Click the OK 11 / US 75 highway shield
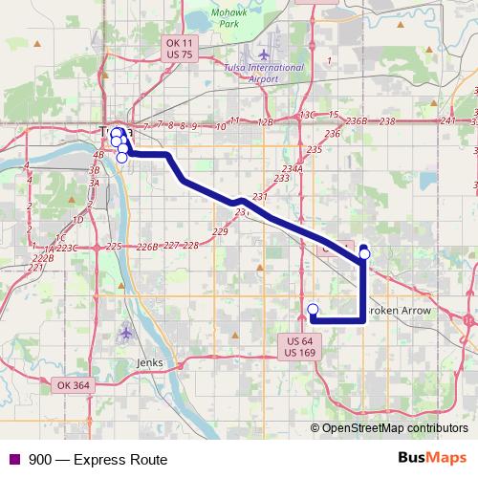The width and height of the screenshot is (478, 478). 179,50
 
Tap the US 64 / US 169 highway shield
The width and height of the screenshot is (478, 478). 299,347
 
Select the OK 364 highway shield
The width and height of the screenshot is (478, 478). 72,384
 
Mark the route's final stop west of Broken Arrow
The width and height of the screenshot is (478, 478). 313,309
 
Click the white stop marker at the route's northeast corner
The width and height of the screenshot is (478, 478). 364,254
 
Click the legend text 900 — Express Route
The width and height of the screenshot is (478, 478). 91,460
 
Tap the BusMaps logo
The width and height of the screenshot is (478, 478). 432,459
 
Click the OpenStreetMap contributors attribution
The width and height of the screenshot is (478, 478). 394,428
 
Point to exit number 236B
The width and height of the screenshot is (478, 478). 356,121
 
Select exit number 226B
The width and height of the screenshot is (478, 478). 146,247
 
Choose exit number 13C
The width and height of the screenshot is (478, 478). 307,115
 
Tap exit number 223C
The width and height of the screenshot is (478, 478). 65,248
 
